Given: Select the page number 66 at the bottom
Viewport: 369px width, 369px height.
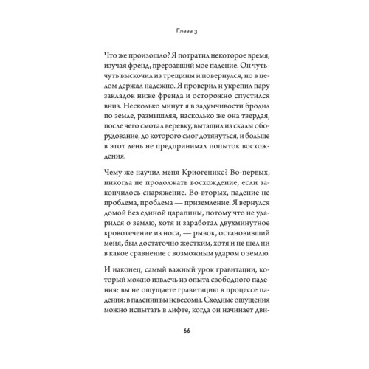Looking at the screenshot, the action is pyautogui.click(x=184, y=339).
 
